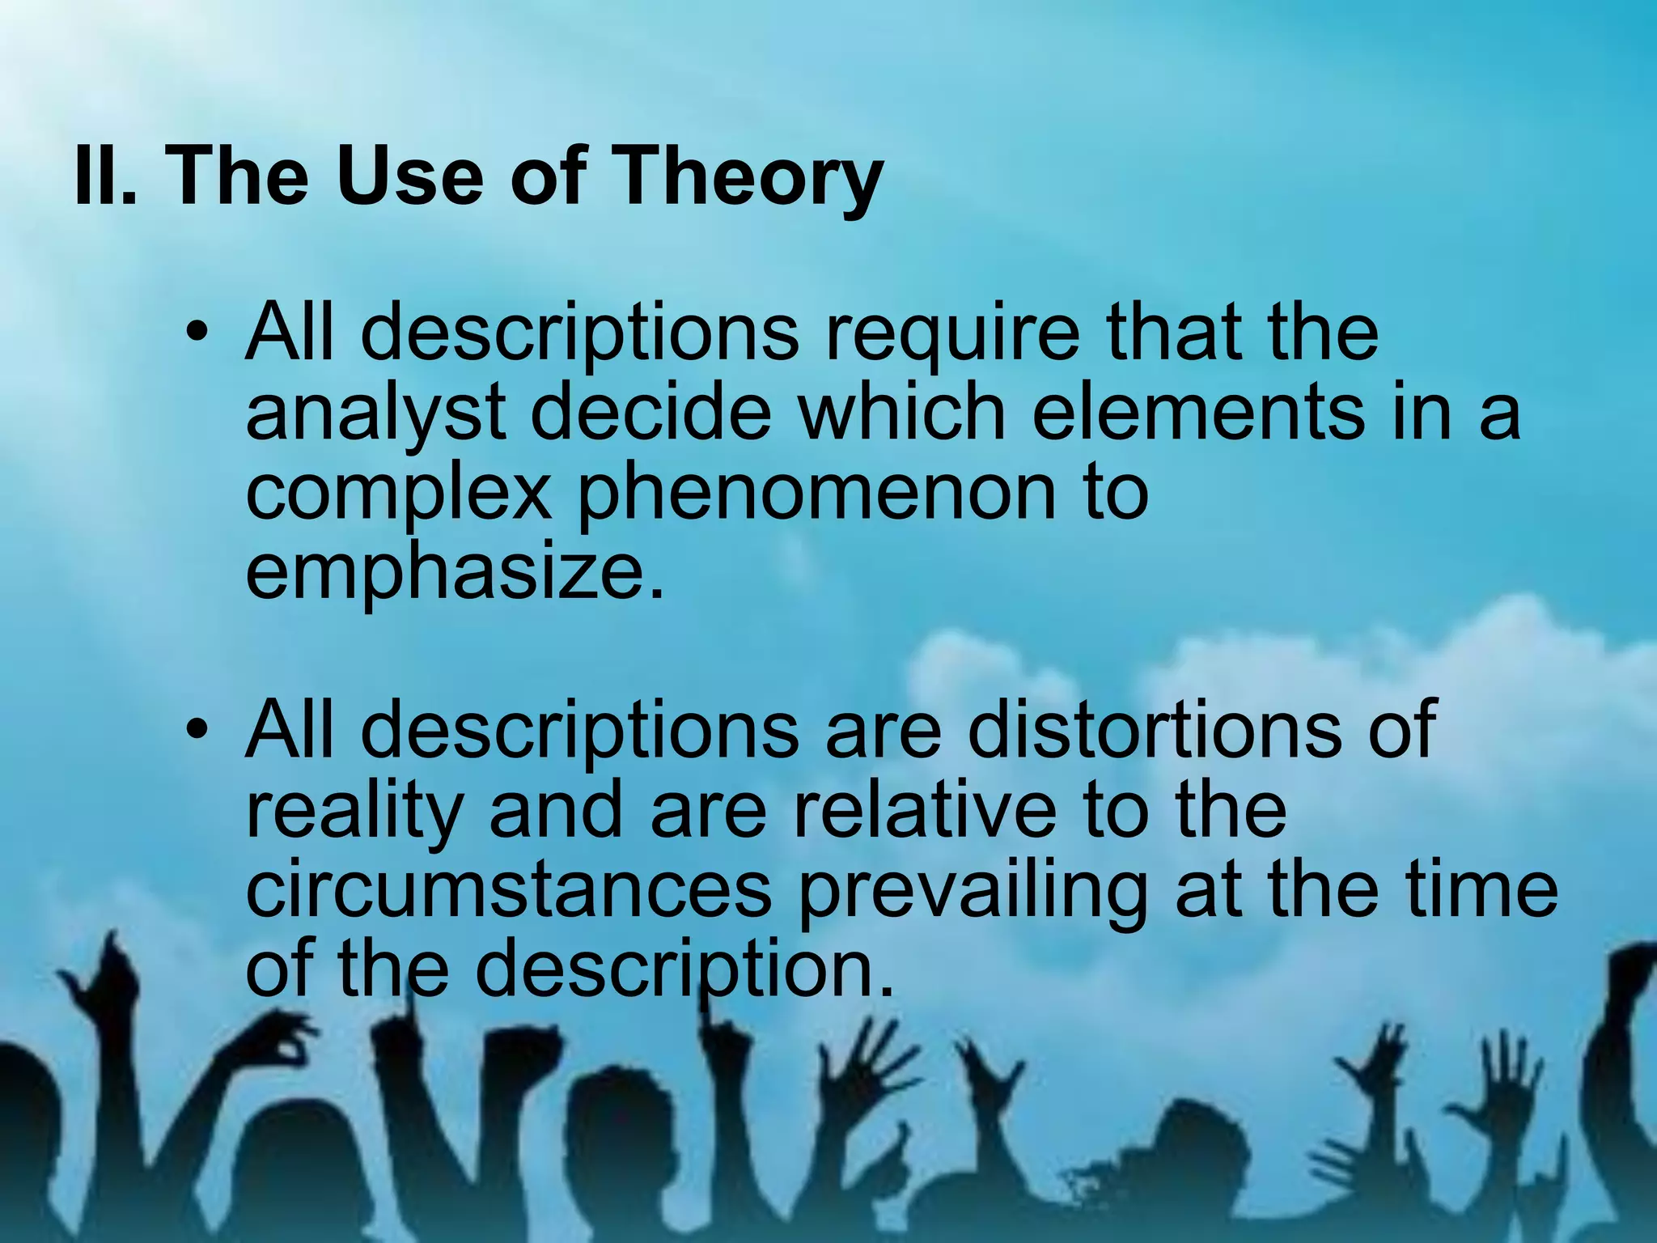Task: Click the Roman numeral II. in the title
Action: [x=105, y=176]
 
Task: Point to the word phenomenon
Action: [x=816, y=494]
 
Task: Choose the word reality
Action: [x=354, y=812]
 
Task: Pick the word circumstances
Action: [x=508, y=890]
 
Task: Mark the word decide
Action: [x=651, y=413]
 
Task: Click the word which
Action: [x=902, y=413]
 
